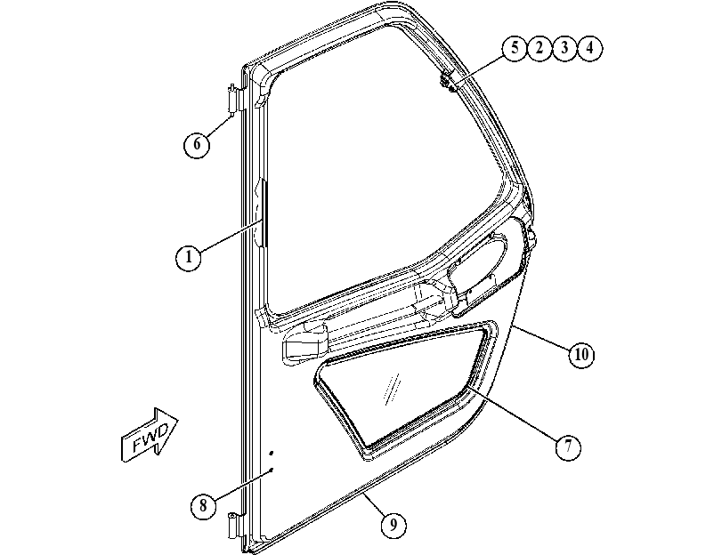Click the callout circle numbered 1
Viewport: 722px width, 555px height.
pyautogui.click(x=189, y=257)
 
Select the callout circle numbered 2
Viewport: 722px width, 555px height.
pyautogui.click(x=539, y=48)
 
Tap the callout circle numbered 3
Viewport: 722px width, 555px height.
pyautogui.click(x=564, y=48)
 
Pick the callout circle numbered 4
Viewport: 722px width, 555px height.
pyautogui.click(x=589, y=48)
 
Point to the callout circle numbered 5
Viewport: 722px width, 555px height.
pyautogui.click(x=515, y=48)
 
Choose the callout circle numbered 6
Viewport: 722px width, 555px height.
pyautogui.click(x=197, y=144)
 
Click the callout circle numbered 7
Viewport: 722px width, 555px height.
pyautogui.click(x=568, y=446)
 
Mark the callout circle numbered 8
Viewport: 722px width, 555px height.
pyautogui.click(x=203, y=506)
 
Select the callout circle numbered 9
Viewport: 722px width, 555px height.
pyautogui.click(x=393, y=525)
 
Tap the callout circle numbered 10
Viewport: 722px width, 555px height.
pyautogui.click(x=581, y=355)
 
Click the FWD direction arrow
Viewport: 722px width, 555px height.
pyautogui.click(x=149, y=434)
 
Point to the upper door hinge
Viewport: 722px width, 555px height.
pyautogui.click(x=233, y=99)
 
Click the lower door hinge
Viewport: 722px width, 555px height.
pyautogui.click(x=234, y=525)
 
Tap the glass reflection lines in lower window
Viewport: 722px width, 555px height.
pyautogui.click(x=392, y=390)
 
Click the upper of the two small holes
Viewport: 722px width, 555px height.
pyautogui.click(x=272, y=454)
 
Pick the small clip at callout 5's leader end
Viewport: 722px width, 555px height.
pyautogui.click(x=447, y=84)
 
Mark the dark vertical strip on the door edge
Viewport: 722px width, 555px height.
pyautogui.click(x=264, y=213)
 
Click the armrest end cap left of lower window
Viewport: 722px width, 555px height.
pyautogui.click(x=304, y=343)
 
